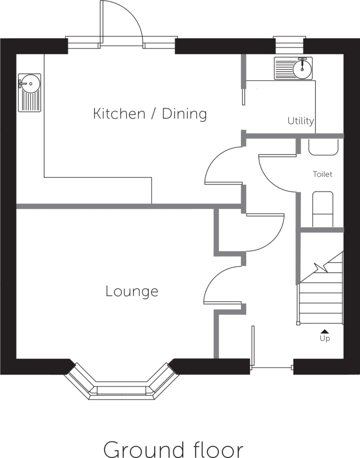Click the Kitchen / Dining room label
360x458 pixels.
point(150,114)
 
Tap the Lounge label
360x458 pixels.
point(132,291)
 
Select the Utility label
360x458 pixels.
point(300,121)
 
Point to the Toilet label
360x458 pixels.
point(322,174)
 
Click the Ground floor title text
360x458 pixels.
point(173,449)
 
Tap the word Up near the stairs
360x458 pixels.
point(325,338)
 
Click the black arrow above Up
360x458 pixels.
point(324,331)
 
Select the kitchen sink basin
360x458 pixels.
point(30,93)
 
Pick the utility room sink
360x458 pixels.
point(293,68)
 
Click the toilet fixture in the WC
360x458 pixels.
point(323,209)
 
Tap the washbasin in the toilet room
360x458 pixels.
point(323,147)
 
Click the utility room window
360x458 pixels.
point(290,45)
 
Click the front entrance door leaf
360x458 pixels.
point(253,346)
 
